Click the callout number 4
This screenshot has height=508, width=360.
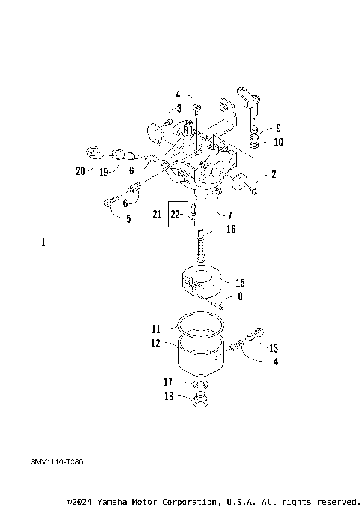point(178,95)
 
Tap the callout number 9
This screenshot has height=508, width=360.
point(278,128)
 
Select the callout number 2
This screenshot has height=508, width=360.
point(274,174)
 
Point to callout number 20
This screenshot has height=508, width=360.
point(80,170)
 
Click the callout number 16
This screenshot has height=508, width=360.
point(231,229)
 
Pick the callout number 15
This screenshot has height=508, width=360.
point(240,284)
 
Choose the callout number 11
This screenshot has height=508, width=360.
point(155,329)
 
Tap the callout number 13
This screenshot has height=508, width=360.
point(273,348)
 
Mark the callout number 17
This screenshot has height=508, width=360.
point(169,382)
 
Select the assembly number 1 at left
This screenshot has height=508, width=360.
point(43,242)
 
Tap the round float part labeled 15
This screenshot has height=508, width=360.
point(204,284)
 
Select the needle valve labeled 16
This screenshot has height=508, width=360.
point(202,245)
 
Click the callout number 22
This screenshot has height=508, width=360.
point(175,215)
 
